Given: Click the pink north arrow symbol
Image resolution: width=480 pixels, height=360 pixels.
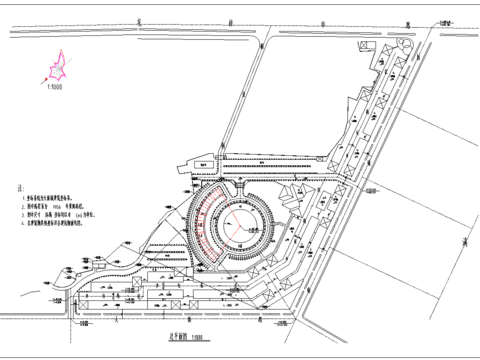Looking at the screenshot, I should pos(53,69).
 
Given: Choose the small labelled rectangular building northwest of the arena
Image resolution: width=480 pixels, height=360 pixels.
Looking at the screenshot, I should pos(200,161).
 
